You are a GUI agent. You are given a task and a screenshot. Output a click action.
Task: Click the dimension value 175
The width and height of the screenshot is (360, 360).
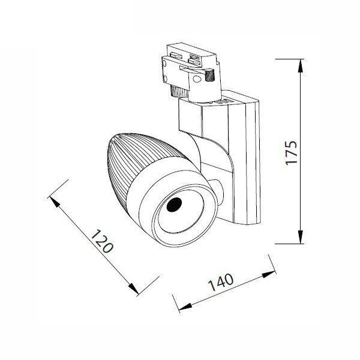pyautogui.click(x=290, y=153)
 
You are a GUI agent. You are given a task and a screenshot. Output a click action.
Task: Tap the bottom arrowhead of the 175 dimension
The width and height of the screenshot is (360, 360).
pyautogui.click(x=298, y=240)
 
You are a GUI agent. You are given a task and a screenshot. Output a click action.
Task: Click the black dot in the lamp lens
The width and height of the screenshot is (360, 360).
pyautogui.click(x=175, y=205)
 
